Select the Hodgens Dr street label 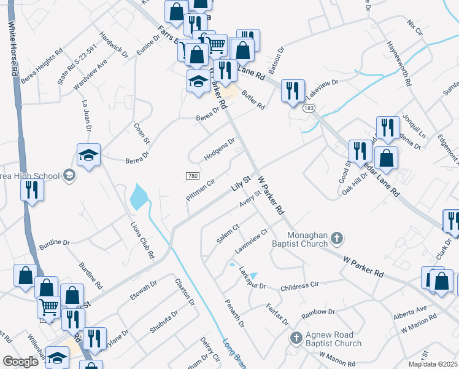coord(220,148)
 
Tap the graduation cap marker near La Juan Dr coord(88,155)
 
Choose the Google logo coord(21,362)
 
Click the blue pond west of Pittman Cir coord(138,197)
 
